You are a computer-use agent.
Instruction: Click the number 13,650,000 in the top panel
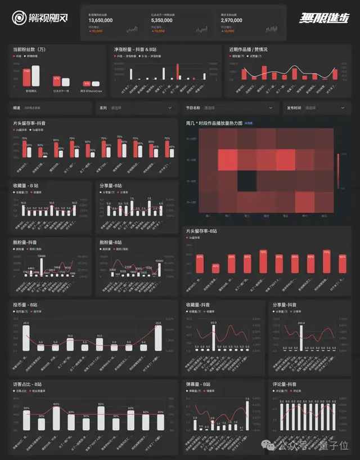[101, 20]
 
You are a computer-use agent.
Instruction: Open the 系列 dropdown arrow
[170, 108]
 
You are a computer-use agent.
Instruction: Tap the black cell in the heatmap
[246, 181]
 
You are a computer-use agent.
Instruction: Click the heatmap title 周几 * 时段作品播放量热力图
[215, 122]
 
